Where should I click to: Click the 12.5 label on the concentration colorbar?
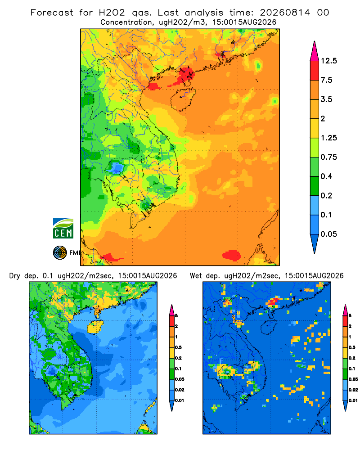[328, 61]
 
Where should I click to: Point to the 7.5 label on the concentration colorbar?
[326, 80]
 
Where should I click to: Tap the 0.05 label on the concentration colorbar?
[328, 234]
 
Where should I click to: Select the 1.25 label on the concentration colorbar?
[328, 138]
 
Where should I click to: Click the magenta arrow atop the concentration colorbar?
[315, 52]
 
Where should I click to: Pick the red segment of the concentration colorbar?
[315, 71]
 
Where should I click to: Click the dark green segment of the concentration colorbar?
[315, 186]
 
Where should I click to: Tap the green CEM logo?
[63, 229]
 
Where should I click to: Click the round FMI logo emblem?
[60, 253]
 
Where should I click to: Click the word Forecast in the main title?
[52, 13]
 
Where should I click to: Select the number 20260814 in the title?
[285, 13]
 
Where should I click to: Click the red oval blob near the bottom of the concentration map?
[232, 255]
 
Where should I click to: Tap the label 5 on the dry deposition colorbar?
[176, 316]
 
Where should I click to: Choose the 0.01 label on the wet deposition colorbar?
[353, 400]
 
